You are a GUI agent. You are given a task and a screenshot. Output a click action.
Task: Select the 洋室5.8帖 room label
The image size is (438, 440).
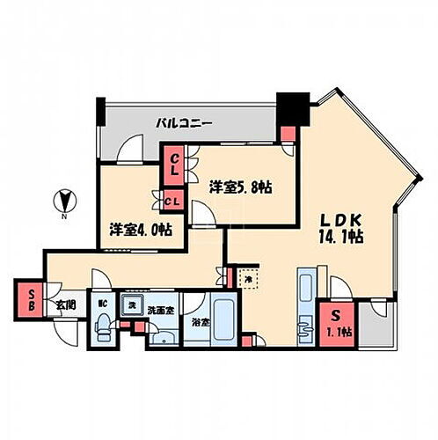click(238, 187)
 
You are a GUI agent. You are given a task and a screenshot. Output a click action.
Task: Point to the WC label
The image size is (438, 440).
click(103, 305)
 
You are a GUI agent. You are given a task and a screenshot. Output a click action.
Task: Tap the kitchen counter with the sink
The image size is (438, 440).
click(307, 304)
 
